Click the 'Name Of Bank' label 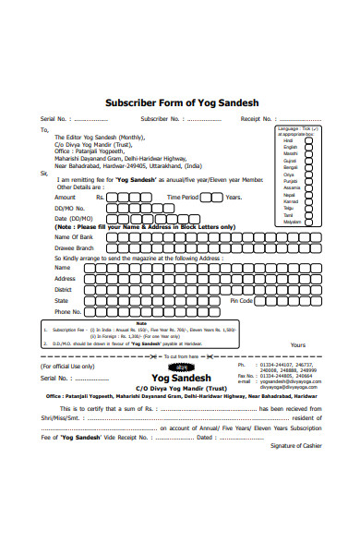73,237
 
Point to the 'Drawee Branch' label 74,248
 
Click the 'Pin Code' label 241,300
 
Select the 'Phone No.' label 68,312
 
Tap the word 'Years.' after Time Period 234,198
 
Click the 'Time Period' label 182,198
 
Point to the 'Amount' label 65,198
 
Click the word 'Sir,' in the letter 43,173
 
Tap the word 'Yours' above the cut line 298,344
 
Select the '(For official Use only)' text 67,366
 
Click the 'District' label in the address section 64,289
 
